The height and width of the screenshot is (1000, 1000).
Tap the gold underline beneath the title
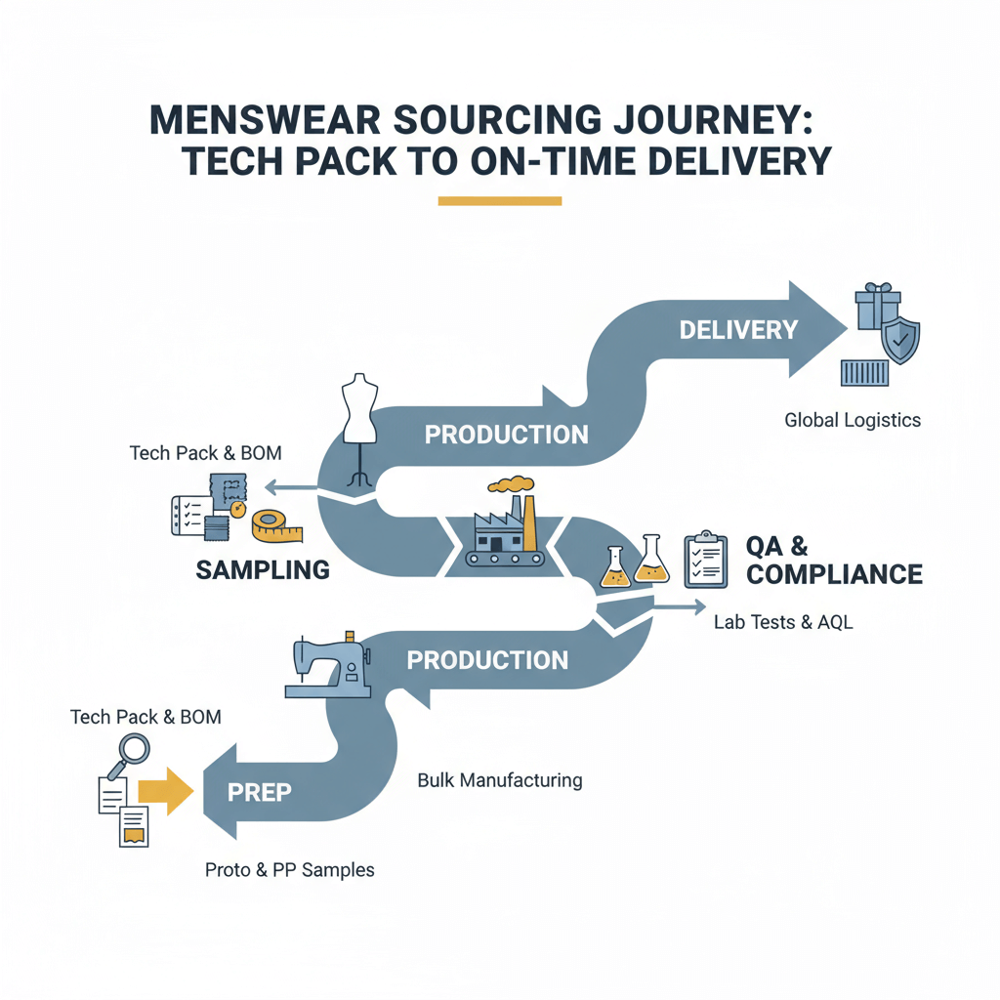[x=500, y=201]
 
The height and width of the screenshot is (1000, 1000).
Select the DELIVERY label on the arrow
[x=738, y=329]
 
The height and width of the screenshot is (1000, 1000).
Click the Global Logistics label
[x=853, y=421]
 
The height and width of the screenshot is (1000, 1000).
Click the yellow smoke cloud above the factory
[x=510, y=483]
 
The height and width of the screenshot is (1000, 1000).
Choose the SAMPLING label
[x=262, y=569]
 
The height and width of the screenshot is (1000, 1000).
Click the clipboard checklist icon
[x=705, y=560]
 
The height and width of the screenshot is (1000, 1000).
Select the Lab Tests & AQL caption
[x=783, y=622]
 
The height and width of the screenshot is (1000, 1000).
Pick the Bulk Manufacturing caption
[x=499, y=780]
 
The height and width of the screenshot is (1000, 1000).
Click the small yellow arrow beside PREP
[x=165, y=791]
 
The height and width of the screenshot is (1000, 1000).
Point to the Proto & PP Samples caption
[x=289, y=869]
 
